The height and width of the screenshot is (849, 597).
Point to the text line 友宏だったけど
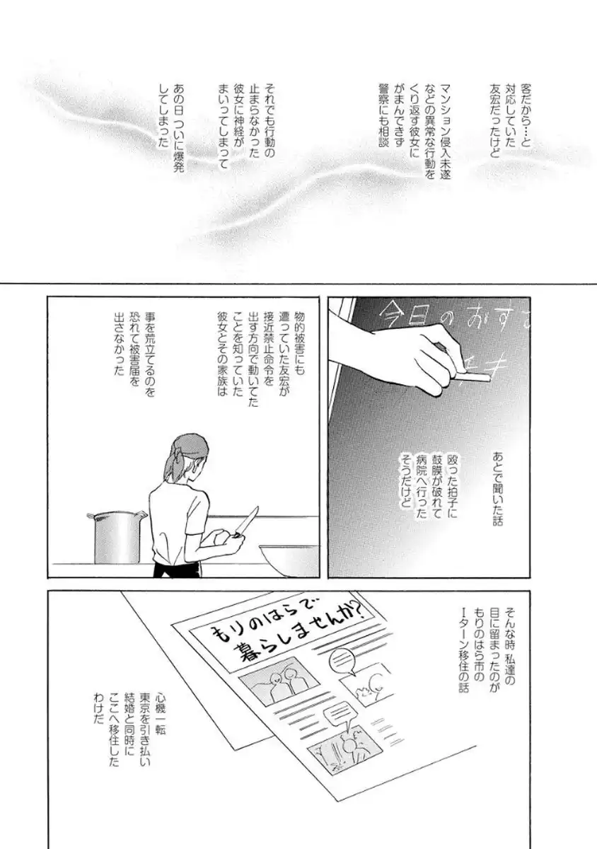495,122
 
